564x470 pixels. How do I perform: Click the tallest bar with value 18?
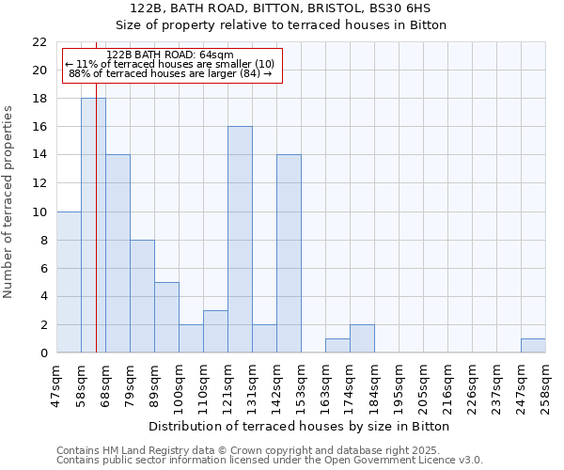point(93,226)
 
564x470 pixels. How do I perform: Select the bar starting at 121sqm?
point(240,240)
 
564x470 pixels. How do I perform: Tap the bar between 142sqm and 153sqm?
point(289,254)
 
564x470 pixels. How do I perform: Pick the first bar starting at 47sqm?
point(69,282)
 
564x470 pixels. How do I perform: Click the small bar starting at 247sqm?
point(533,346)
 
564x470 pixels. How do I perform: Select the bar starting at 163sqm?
point(337,346)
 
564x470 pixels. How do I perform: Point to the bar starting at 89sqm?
point(166,318)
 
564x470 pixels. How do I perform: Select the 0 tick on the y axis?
point(43,353)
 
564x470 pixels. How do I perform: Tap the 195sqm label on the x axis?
point(399,385)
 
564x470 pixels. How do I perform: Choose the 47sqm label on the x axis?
point(56,385)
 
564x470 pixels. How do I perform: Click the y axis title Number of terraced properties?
point(8,201)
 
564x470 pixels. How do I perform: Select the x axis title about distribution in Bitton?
point(300,426)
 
